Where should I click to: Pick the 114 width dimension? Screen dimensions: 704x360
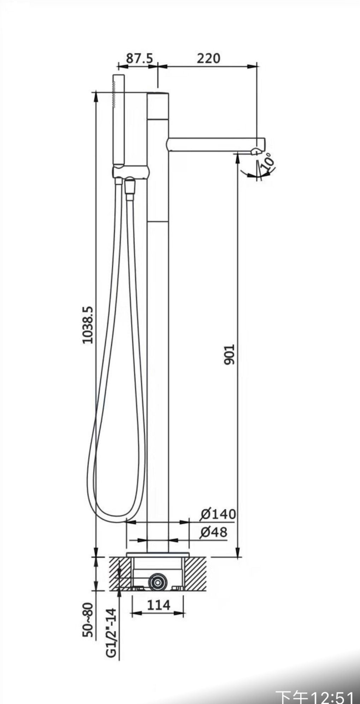pyautogui.click(x=158, y=605)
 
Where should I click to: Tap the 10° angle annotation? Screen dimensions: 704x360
pyautogui.click(x=268, y=161)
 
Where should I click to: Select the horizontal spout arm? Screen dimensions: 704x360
pyautogui.click(x=216, y=144)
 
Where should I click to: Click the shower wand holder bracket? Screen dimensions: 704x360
pyautogui.click(x=131, y=172)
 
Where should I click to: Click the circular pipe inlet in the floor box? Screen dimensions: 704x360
pyautogui.click(x=158, y=581)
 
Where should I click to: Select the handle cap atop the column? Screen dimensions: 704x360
pyautogui.click(x=158, y=106)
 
